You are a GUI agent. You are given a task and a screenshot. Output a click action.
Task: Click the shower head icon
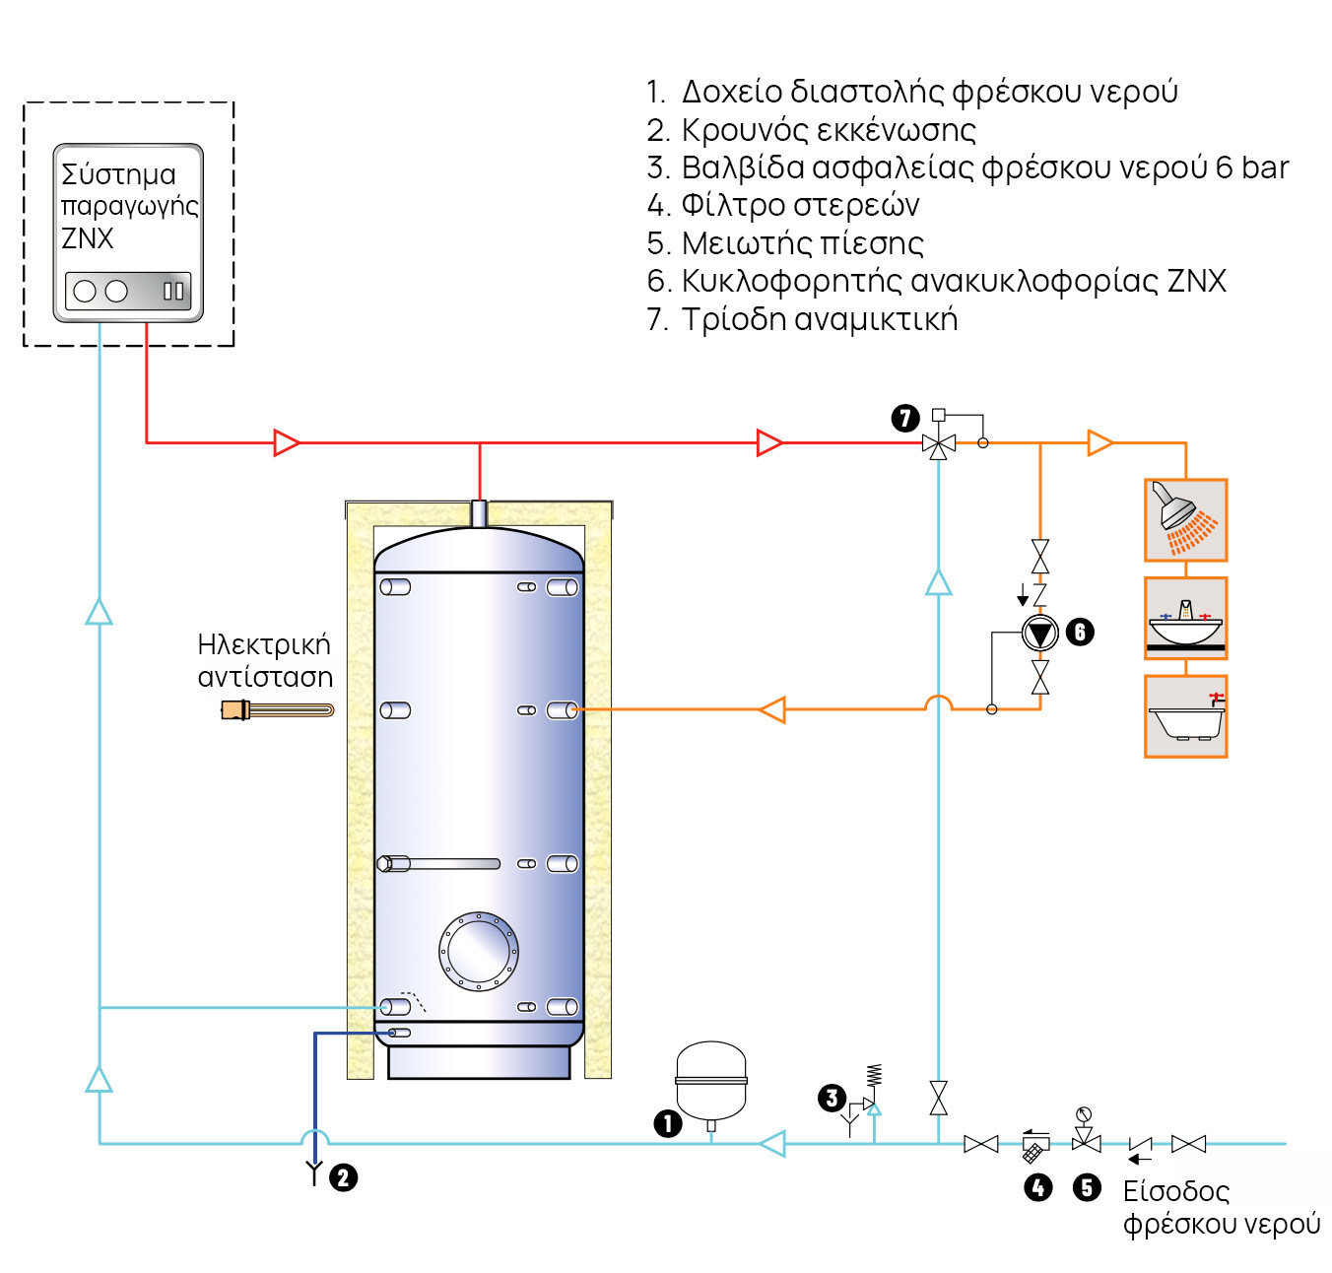click(x=1185, y=519)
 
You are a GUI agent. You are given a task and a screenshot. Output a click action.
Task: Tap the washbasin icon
click(x=1185, y=621)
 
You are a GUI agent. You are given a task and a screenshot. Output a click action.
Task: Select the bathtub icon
click(x=1185, y=716)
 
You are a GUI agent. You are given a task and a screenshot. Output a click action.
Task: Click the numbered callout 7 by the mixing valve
click(x=905, y=418)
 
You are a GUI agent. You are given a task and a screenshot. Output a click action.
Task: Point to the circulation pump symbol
click(x=1039, y=633)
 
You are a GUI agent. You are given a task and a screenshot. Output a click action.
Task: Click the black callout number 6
click(x=1080, y=632)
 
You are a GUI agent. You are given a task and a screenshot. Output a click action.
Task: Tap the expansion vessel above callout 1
click(x=711, y=1081)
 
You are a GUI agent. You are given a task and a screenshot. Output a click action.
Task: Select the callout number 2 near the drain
click(x=343, y=1177)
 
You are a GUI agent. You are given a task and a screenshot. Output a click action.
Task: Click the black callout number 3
click(x=832, y=1099)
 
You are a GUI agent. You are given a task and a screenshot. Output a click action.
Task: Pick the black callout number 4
click(x=1037, y=1187)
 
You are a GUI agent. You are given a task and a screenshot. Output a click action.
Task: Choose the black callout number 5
click(x=1087, y=1187)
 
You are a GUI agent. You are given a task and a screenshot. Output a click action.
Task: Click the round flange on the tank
click(x=479, y=951)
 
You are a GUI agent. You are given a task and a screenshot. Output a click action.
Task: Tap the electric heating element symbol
click(x=277, y=709)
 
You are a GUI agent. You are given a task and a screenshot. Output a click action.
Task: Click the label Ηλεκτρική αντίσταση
click(x=265, y=660)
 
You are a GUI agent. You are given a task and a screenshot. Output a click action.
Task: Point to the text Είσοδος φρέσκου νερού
click(x=1221, y=1207)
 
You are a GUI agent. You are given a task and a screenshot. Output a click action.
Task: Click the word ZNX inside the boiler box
click(x=88, y=238)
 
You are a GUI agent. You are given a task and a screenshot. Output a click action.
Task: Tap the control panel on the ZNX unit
click(x=128, y=291)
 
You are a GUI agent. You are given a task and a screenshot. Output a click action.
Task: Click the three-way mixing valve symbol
click(x=939, y=444)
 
